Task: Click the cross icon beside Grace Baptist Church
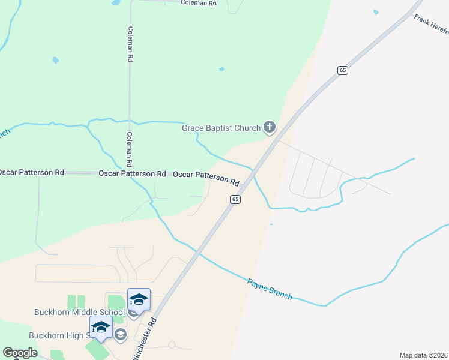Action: pyautogui.click(x=270, y=127)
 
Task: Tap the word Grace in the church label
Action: pyautogui.click(x=193, y=128)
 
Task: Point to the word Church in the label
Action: pyautogui.click(x=249, y=128)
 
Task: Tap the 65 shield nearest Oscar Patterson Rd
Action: pyautogui.click(x=235, y=199)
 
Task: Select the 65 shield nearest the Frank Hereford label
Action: pyautogui.click(x=342, y=70)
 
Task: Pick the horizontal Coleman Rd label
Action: pyautogui.click(x=199, y=3)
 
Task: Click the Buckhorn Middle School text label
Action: pyautogui.click(x=79, y=313)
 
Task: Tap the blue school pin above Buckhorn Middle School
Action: pyautogui.click(x=139, y=299)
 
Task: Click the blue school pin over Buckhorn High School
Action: pyautogui.click(x=101, y=328)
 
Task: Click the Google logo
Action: pyautogui.click(x=20, y=353)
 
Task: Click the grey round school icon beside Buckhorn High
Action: pyautogui.click(x=120, y=334)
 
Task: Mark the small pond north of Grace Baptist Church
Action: pyautogui.click(x=221, y=69)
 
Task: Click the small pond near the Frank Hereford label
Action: pyautogui.click(x=376, y=12)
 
